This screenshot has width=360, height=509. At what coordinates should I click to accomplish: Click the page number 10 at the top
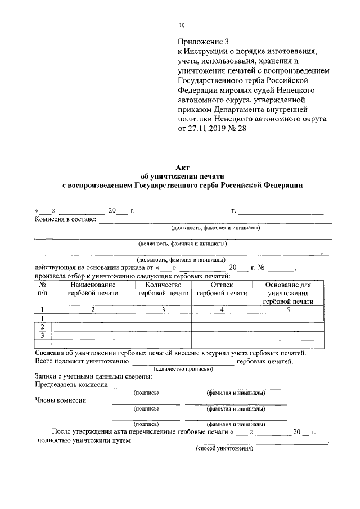(182, 25)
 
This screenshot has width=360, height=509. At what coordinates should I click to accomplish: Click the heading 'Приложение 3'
(204, 42)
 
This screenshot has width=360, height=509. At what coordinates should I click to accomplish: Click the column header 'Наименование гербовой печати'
(93, 289)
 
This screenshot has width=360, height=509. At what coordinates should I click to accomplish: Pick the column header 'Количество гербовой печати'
(163, 289)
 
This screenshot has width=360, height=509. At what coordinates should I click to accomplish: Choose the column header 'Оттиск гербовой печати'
(222, 289)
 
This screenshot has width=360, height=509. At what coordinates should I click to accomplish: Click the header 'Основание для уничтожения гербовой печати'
(288, 293)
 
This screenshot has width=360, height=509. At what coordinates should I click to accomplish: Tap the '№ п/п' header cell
(42, 289)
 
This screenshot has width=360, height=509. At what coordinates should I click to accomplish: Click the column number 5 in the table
(288, 309)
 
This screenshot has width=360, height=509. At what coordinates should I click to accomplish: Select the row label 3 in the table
(42, 336)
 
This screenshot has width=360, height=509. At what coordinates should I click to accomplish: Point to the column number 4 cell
(222, 309)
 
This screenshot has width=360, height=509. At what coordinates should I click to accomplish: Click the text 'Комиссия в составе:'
(65, 219)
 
